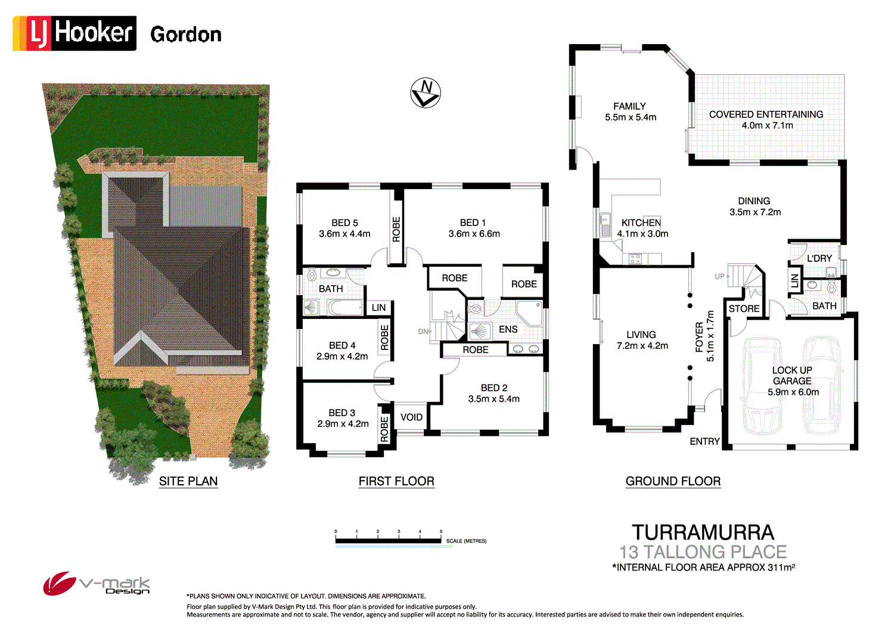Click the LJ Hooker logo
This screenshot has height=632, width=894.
tap(74, 33)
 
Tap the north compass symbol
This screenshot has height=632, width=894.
tap(426, 92)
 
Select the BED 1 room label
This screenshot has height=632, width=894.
tap(473, 222)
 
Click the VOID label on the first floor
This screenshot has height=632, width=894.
tap(411, 417)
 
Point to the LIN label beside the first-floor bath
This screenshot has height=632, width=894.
tap(379, 308)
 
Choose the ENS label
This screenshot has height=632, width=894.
tap(508, 329)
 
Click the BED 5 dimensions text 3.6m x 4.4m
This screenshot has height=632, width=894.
tap(344, 234)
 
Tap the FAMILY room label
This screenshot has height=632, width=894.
tap(629, 106)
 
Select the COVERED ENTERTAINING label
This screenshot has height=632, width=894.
tap(766, 114)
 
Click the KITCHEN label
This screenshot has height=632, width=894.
tap(641, 222)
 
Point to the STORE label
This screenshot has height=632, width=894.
tap(744, 308)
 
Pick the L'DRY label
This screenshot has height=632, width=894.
tap(819, 258)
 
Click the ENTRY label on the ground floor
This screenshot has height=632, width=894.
tap(704, 441)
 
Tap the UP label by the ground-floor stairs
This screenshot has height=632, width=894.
tap(719, 276)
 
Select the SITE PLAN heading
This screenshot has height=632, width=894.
tap(188, 481)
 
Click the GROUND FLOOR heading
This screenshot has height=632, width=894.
tap(673, 481)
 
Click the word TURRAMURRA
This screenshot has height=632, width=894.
tap(703, 532)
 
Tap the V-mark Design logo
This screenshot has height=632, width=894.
tap(97, 584)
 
